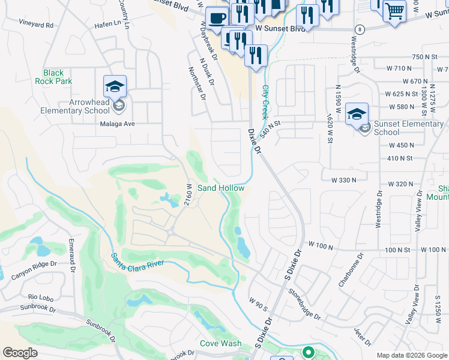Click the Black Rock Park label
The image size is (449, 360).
tap(53, 77)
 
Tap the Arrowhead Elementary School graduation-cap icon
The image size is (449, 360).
tap(114, 86)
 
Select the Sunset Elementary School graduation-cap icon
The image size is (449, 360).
tap(357, 114)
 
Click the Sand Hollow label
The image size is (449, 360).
tap(221, 188)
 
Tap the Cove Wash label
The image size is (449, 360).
tap(220, 344)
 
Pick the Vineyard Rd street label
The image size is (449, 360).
tap(36, 25)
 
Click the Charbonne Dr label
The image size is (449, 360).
tap(352, 268)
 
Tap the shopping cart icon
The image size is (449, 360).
tap(394, 11)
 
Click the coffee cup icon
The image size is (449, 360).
tap(217, 17)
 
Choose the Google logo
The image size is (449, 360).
tap(20, 353)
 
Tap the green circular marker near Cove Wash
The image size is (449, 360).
tap(309, 352)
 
